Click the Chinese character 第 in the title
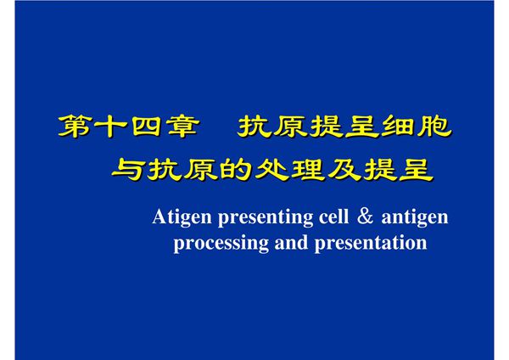pyautogui.click(x=74, y=127)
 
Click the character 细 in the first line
pyautogui.click(x=396, y=127)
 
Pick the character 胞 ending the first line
pyautogui.click(x=433, y=127)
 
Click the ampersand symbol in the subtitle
pyautogui.click(x=364, y=217)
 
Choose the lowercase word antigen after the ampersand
pyautogui.click(x=415, y=218)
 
